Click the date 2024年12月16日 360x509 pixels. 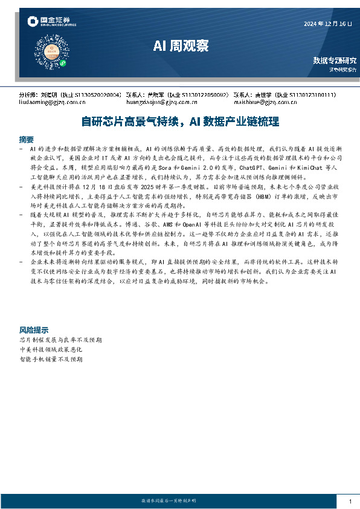click(327, 24)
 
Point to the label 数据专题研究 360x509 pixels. click(334, 60)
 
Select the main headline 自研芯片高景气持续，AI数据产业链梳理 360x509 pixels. click(179, 122)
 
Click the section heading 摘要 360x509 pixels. click(26, 138)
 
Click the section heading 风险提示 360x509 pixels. click(33, 330)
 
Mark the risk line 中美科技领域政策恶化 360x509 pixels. click(51, 349)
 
